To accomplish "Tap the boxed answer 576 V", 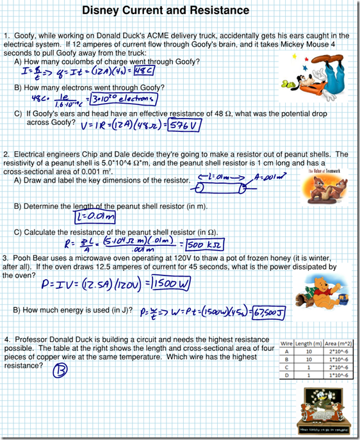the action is point(184,126).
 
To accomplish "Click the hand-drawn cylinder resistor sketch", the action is point(222,188).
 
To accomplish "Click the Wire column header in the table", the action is point(287,344).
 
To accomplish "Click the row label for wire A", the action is point(287,352).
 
